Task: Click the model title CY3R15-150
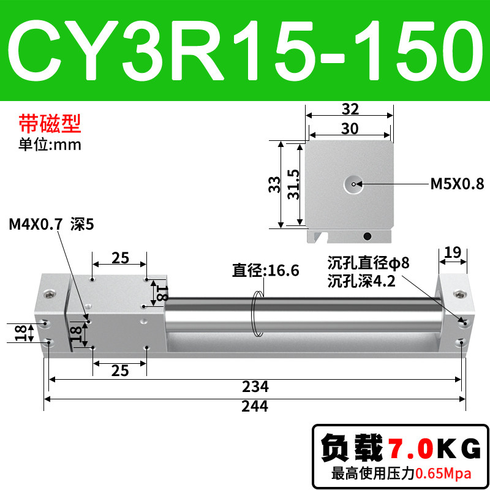[x=245, y=50]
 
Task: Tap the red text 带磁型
[x=50, y=123]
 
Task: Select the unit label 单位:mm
[x=50, y=145]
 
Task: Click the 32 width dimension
[x=350, y=109]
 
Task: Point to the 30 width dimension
[x=350, y=129]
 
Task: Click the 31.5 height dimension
[x=293, y=184]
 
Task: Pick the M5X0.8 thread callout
[x=457, y=184]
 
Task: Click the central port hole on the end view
[x=353, y=184]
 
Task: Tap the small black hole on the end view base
[x=367, y=236]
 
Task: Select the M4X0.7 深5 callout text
[x=51, y=224]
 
